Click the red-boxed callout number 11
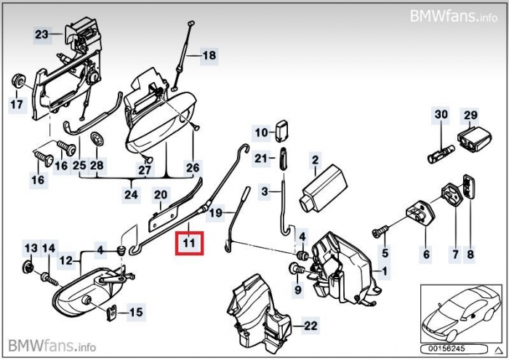click(189, 242)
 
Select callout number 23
click(41, 34)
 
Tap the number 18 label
click(209, 55)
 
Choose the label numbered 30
click(441, 115)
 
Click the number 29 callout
click(470, 115)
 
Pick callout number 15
click(136, 313)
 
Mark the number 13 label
click(30, 249)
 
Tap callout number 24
click(131, 195)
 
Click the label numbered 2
click(315, 159)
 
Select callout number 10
click(261, 132)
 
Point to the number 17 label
click(16, 105)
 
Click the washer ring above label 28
click(96, 138)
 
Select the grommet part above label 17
click(15, 79)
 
